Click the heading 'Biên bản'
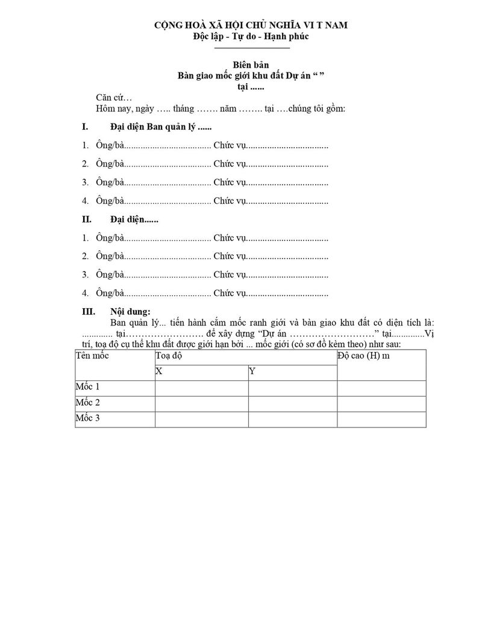(x=251, y=65)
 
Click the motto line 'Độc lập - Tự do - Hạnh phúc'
(x=251, y=36)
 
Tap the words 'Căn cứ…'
(x=114, y=98)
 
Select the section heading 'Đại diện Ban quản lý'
(x=161, y=127)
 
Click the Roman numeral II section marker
(x=86, y=220)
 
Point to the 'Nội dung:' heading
(x=130, y=312)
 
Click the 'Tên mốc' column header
(x=92, y=356)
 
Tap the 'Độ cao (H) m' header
(x=364, y=356)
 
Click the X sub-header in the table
(x=159, y=371)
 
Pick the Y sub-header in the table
(x=252, y=371)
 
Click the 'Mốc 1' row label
(x=88, y=387)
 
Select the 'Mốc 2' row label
(x=88, y=403)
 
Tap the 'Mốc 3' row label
(x=88, y=418)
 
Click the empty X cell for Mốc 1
(x=201, y=388)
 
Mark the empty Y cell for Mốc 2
(x=292, y=403)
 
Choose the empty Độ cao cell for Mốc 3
(x=381, y=419)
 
